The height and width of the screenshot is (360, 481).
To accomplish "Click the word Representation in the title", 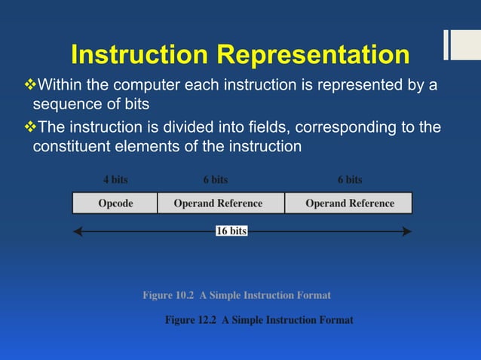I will click(x=313, y=54).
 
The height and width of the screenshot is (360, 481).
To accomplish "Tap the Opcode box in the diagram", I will click(x=115, y=203).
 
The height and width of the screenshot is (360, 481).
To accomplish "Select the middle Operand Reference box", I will click(x=218, y=203).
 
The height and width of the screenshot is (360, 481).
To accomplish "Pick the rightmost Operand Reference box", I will click(x=349, y=203).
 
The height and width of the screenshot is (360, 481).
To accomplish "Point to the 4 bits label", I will click(x=115, y=179).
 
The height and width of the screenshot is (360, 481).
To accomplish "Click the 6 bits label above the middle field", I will click(x=215, y=179).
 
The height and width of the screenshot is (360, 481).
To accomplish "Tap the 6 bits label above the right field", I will click(x=349, y=179).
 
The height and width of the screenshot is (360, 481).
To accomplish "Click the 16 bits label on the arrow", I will click(x=231, y=231).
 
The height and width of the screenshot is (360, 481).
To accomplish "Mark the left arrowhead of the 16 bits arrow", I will click(x=77, y=231).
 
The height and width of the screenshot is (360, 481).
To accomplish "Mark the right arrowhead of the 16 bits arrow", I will click(x=408, y=231).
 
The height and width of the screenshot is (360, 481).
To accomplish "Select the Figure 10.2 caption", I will click(x=236, y=295).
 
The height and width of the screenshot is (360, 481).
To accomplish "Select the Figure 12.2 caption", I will click(x=259, y=320).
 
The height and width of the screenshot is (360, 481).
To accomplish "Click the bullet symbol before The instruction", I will click(x=31, y=126).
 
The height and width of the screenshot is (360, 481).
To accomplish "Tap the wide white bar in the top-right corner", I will click(x=461, y=44).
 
